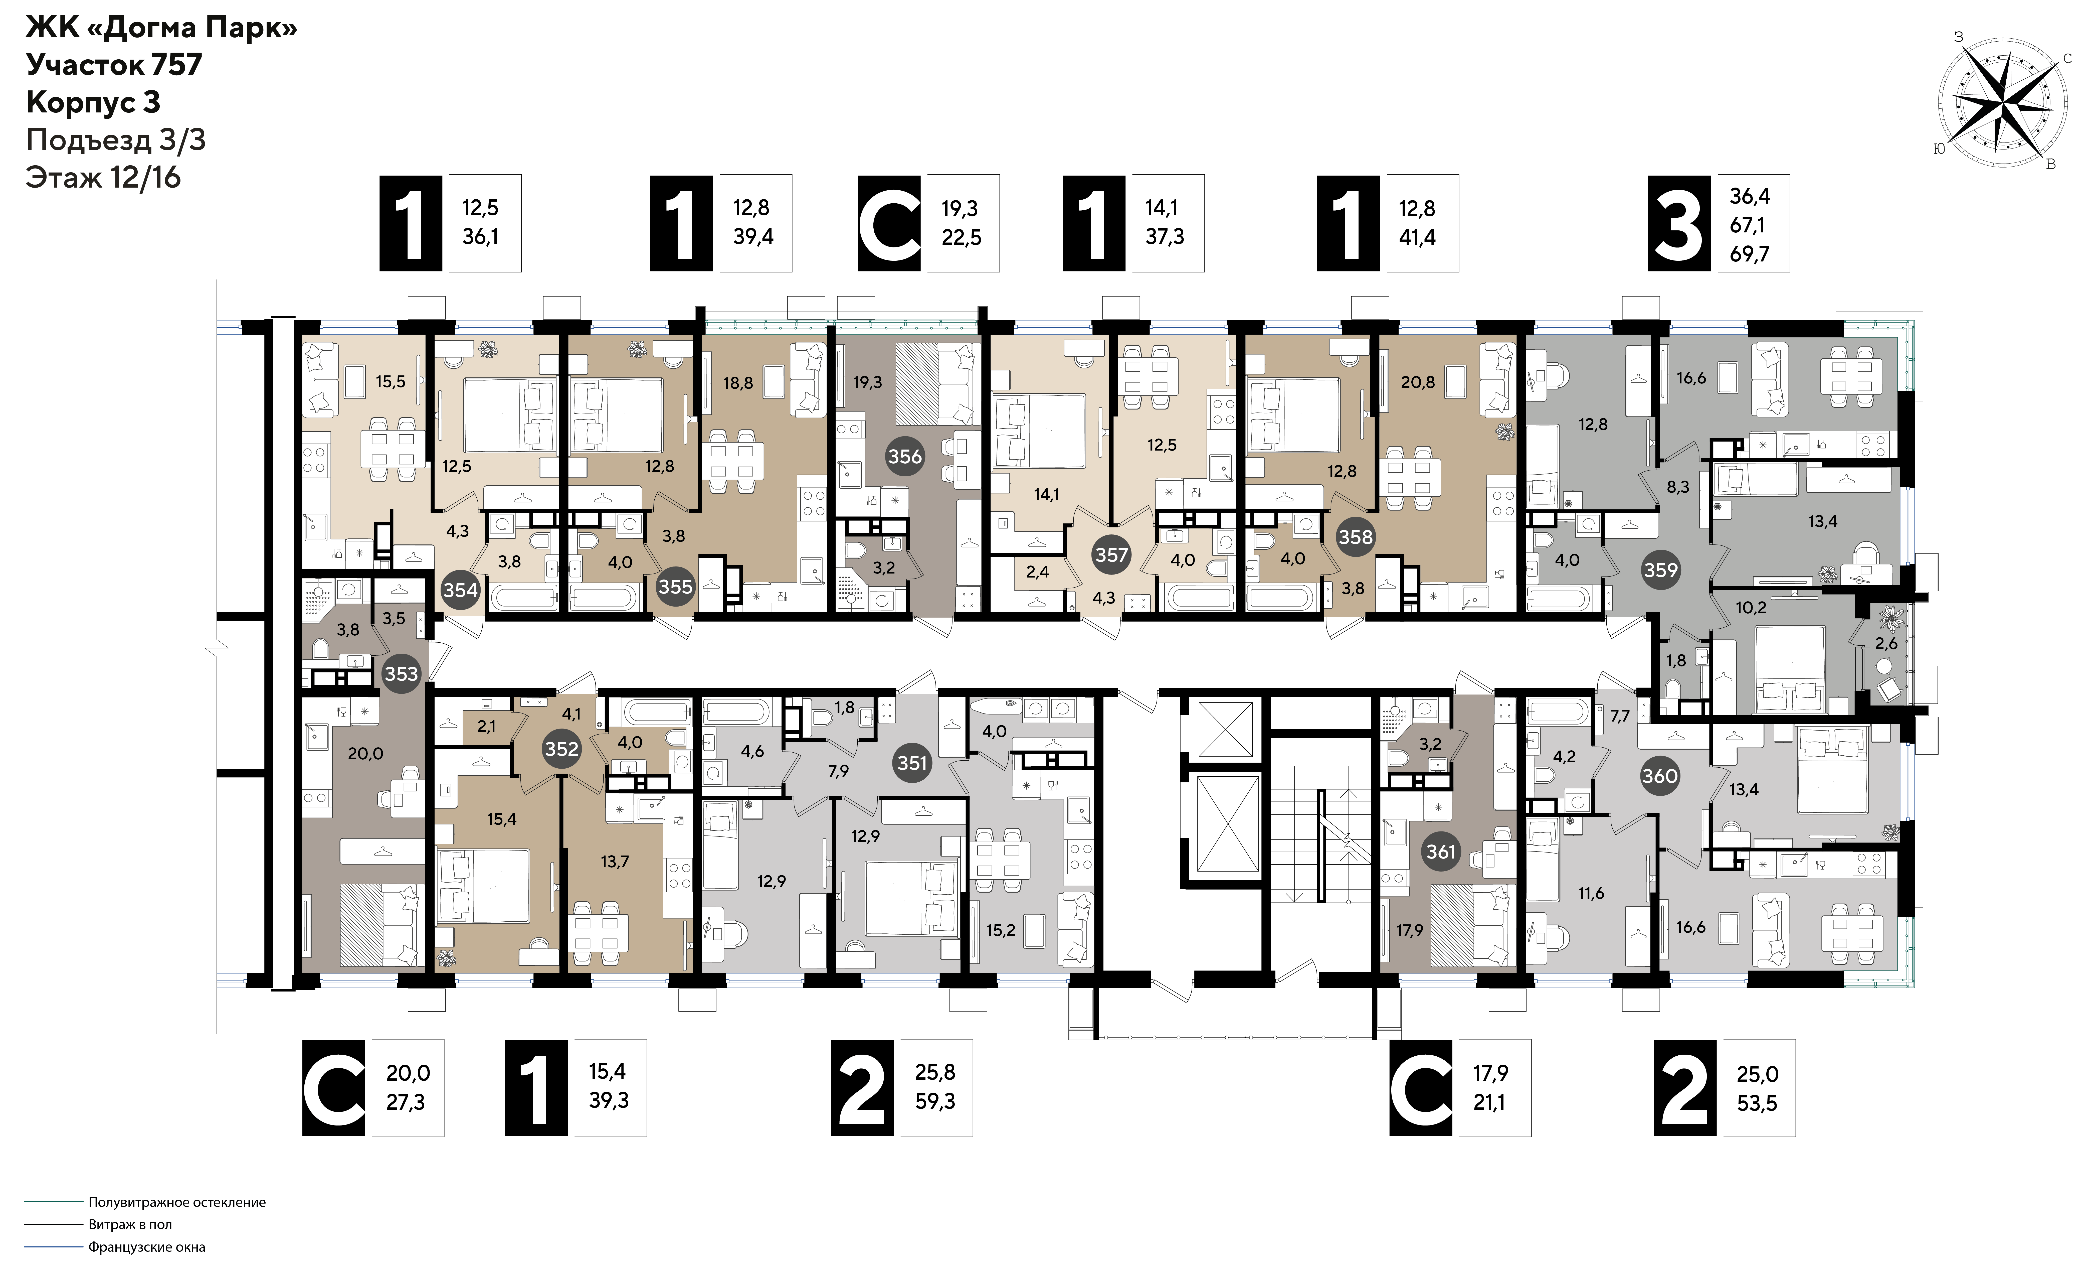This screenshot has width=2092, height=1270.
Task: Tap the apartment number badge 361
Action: coord(1441,851)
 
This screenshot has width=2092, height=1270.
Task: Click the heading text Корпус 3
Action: coord(93,102)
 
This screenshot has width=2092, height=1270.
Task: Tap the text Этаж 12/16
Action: coord(104,178)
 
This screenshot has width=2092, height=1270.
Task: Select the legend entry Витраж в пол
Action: coord(130,1224)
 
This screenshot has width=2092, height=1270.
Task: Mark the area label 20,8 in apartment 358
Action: coord(1418,382)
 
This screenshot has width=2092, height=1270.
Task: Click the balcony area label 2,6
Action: coord(1886,644)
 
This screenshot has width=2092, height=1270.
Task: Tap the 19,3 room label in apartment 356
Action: coord(868,382)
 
